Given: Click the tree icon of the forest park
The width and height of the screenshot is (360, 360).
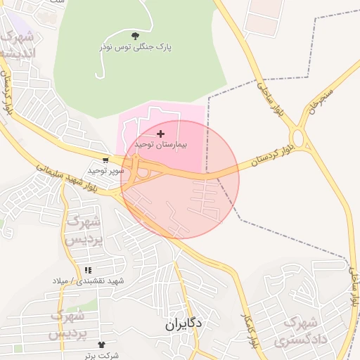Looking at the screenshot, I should point(135,35).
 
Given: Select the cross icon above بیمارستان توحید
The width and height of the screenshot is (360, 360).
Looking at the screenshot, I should point(161,133).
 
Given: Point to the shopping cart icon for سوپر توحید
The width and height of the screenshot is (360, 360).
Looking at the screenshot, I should point(105,160).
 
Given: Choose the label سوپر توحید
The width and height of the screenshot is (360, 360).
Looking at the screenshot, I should point(106,171).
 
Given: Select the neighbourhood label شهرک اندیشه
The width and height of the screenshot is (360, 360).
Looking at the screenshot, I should point(15,44).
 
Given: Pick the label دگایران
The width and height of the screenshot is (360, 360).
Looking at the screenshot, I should point(185,324).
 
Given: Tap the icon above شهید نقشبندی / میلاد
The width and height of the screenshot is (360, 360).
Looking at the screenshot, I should point(87,270).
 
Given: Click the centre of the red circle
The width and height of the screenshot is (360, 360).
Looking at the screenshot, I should point(180,179).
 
